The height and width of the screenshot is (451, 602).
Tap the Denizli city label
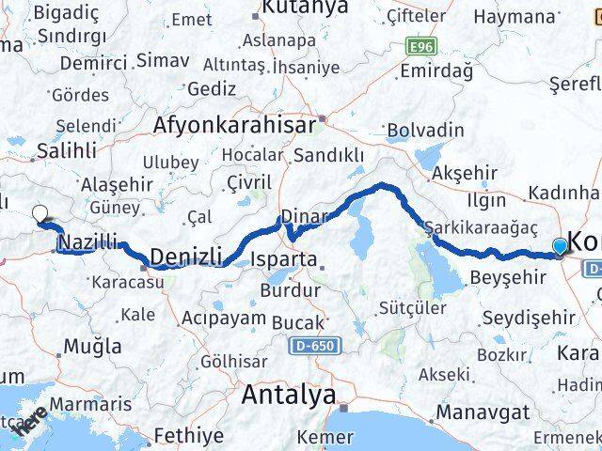[185, 257]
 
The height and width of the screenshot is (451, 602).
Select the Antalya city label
[288, 396]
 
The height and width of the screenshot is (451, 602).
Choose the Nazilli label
[87, 243]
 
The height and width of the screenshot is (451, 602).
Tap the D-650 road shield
[309, 348]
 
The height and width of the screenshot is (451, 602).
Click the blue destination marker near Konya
[561, 246]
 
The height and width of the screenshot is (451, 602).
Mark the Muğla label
[91, 346]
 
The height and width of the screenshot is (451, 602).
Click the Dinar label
[303, 215]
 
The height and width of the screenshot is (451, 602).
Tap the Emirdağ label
[435, 70]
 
